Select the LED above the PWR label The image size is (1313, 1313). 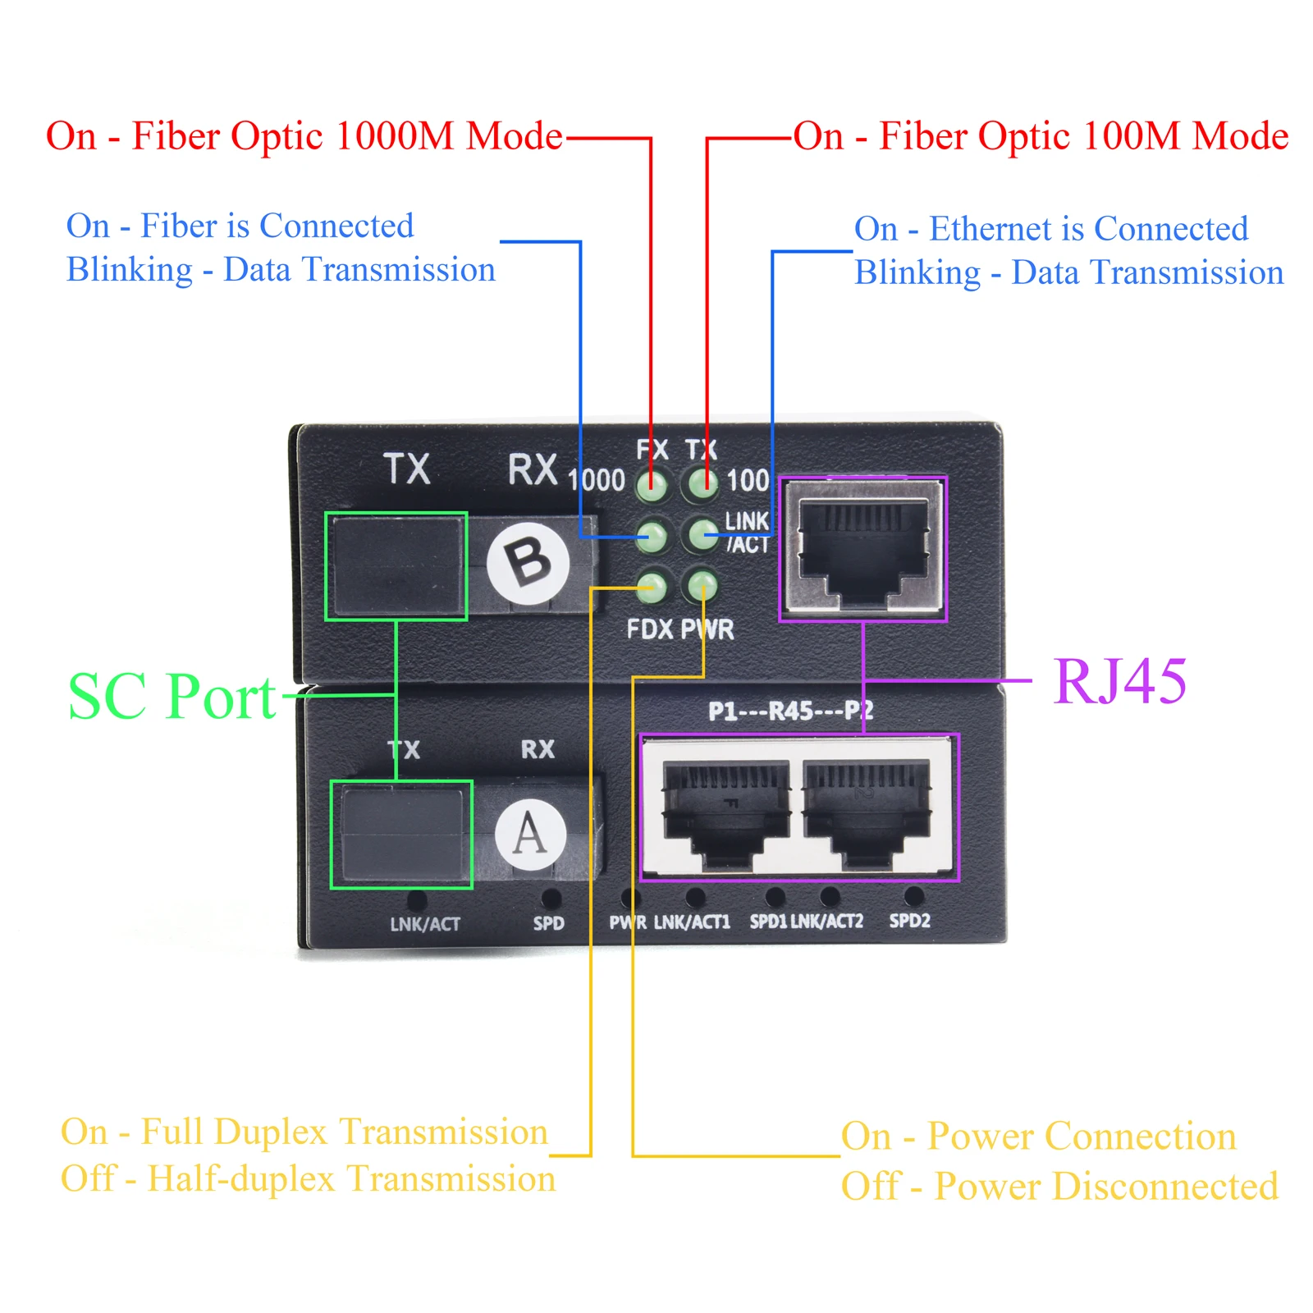point(702,586)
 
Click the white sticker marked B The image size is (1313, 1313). point(528,564)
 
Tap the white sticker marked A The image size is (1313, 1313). point(530,835)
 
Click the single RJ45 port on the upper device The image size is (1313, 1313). point(862,547)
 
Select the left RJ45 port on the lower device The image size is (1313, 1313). point(725,811)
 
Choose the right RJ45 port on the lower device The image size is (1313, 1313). point(866,811)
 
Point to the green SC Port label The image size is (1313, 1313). point(172,697)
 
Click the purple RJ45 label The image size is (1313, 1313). point(1120,681)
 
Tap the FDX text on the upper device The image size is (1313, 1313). point(650,629)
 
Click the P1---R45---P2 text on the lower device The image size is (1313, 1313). point(790,711)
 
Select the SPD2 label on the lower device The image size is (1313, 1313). point(909,921)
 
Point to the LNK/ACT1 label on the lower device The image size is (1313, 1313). point(692,922)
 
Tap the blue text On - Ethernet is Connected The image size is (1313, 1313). point(1051,229)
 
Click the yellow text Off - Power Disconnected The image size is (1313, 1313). point(1059,1187)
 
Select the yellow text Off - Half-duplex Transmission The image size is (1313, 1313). point(308,1179)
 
